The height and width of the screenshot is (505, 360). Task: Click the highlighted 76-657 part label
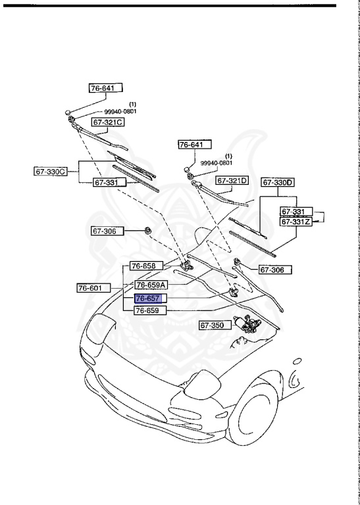(147, 299)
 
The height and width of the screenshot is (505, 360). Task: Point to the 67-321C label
(107, 122)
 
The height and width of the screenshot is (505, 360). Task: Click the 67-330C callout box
(51, 172)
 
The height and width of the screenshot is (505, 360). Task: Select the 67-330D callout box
(278, 182)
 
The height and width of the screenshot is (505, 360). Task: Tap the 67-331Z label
(296, 222)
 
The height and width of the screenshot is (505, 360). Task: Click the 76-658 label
(142, 266)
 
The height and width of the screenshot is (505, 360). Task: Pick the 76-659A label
(151, 285)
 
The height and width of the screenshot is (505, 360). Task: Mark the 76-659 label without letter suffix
(147, 310)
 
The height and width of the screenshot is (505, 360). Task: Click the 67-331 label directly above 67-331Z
(293, 212)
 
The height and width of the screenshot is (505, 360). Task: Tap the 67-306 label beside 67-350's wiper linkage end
(274, 270)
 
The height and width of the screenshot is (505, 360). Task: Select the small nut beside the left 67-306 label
(149, 230)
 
